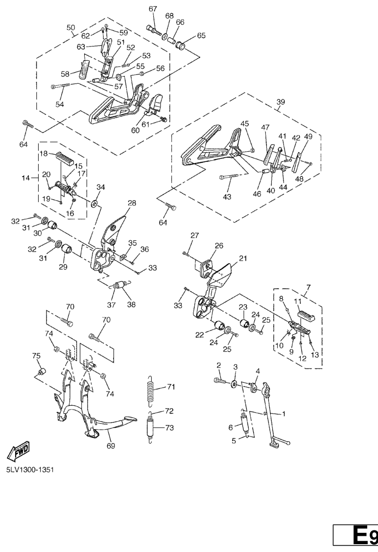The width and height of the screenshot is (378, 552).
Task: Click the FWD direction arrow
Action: (19, 451)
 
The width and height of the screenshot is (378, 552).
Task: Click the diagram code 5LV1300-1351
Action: (30, 470)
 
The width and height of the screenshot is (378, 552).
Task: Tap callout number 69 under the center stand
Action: (111, 446)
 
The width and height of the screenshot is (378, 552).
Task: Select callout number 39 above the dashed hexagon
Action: (281, 102)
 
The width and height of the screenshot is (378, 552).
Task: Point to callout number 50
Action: (71, 27)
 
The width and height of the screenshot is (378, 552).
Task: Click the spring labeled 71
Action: (151, 388)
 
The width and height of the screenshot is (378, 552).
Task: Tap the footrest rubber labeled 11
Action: (306, 314)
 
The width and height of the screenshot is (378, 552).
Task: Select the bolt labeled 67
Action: (154, 30)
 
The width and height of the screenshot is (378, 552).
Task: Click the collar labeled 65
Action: (181, 46)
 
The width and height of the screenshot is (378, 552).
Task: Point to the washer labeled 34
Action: (94, 203)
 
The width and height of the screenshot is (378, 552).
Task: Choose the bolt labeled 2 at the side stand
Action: (220, 381)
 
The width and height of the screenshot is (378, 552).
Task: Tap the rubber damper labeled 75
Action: (42, 371)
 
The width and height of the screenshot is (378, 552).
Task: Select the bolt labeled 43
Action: (229, 176)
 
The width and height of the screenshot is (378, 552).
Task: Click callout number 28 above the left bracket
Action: (132, 203)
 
